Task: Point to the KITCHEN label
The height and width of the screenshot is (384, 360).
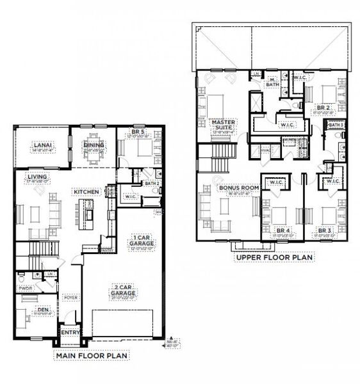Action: (x=85, y=191)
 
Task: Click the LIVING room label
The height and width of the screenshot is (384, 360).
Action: (x=36, y=177)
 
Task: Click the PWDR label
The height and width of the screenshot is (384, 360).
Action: (x=25, y=288)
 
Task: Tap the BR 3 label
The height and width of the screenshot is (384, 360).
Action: (x=324, y=230)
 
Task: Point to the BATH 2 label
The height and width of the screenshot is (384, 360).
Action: (x=151, y=184)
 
